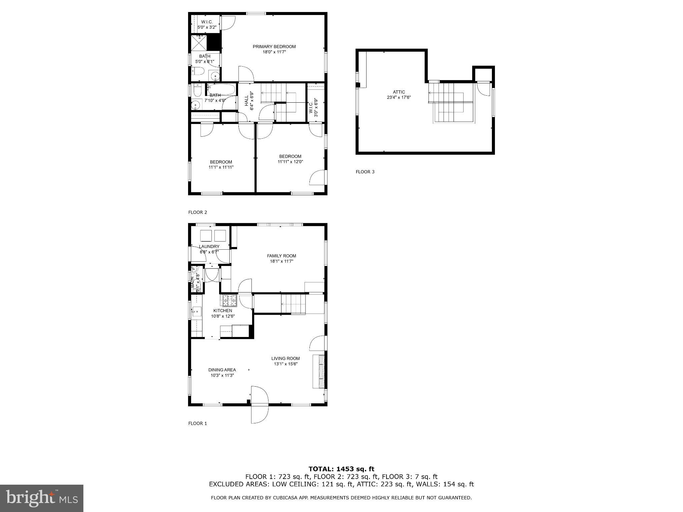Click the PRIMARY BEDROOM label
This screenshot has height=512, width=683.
coord(274,47)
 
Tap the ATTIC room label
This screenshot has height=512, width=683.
coord(399,92)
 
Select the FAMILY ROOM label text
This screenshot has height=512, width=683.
coord(281,256)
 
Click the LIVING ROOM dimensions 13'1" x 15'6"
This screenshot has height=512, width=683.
coord(285,364)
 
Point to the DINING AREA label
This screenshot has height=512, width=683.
coord(222,370)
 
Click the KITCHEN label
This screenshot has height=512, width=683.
coord(222,311)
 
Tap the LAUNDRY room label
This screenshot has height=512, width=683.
coord(209,247)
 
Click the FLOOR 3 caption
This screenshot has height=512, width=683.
coord(365,172)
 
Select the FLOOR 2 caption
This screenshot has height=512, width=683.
coord(197,212)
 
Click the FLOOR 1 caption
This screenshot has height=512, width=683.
coord(197,423)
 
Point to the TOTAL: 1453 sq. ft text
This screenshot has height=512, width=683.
coord(341,469)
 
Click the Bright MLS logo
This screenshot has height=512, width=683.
coord(42,498)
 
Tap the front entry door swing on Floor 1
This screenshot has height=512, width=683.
coord(259,405)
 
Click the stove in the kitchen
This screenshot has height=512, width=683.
coord(229,301)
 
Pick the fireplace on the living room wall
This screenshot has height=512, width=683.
coord(319,372)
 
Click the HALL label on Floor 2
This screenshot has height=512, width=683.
coord(246,101)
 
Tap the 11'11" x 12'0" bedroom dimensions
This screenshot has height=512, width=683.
coord(290,162)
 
